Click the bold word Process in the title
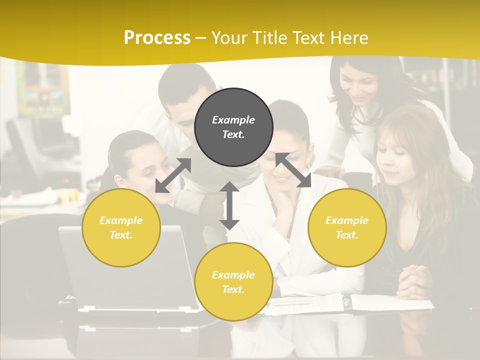click(157, 38)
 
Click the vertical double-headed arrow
click(229, 205)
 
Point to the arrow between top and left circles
click(173, 175)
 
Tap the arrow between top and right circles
click(293, 170)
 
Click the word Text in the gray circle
click(233, 134)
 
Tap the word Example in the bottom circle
click(233, 275)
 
